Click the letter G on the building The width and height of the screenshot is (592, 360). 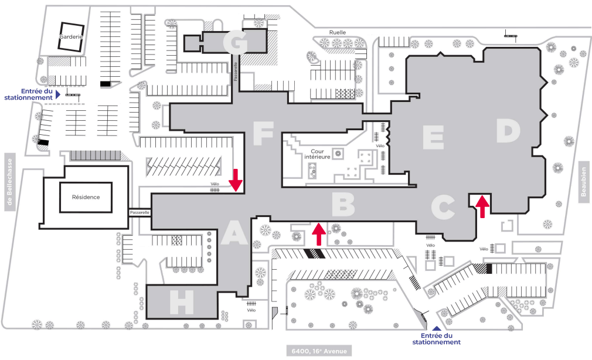pyautogui.click(x=237, y=42)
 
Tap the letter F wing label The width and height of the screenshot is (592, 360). pyautogui.click(x=263, y=133)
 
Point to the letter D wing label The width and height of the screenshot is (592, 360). pyautogui.click(x=508, y=131)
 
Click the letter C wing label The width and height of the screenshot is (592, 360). pyautogui.click(x=443, y=206)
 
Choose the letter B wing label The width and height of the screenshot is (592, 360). pyautogui.click(x=343, y=205)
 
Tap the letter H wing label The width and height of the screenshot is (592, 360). pyautogui.click(x=182, y=303)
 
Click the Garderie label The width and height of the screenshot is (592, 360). pyautogui.click(x=70, y=36)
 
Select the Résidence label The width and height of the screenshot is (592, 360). pyautogui.click(x=86, y=197)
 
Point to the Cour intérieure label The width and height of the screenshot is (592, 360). pyautogui.click(x=321, y=154)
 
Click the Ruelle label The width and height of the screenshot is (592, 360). pyautogui.click(x=338, y=33)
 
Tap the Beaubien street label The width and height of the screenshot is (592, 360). pyautogui.click(x=584, y=182)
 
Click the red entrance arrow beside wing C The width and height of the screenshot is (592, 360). pyautogui.click(x=482, y=206)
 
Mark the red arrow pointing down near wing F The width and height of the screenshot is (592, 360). pyautogui.click(x=236, y=180)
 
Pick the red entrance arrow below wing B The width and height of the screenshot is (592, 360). pyautogui.click(x=318, y=234)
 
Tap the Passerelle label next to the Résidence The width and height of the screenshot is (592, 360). pyautogui.click(x=140, y=212)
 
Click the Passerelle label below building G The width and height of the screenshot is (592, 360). pyautogui.click(x=236, y=72)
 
